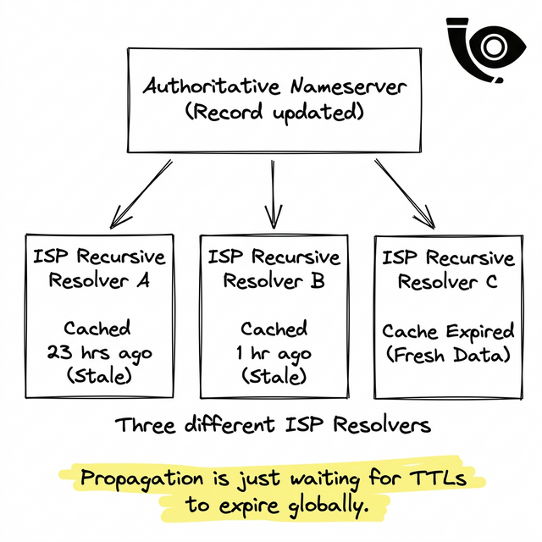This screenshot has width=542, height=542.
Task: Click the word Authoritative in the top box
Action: click(x=213, y=86)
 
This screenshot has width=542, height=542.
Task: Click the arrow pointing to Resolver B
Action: click(x=273, y=195)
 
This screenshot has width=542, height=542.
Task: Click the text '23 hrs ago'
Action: click(x=98, y=353)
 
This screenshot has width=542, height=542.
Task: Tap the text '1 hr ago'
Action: click(x=274, y=353)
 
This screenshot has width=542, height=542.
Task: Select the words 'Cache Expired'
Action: click(x=447, y=331)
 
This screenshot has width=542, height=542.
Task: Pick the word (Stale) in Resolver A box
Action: click(x=98, y=376)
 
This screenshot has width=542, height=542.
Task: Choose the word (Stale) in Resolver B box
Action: click(x=274, y=376)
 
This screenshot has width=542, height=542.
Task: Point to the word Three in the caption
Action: click(x=147, y=424)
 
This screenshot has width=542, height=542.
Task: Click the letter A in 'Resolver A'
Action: click(x=143, y=282)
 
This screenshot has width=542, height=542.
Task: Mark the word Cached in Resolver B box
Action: click(x=274, y=329)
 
